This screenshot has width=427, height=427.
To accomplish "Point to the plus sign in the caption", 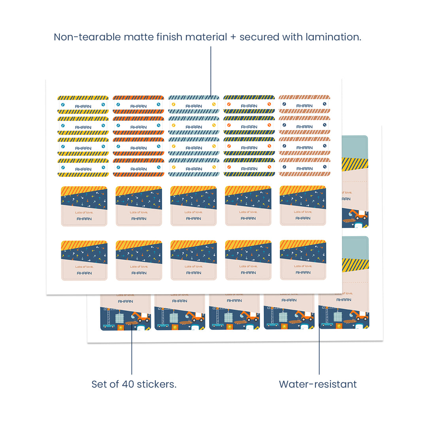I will (x=233, y=38).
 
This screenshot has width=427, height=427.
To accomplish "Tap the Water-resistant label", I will (x=318, y=384).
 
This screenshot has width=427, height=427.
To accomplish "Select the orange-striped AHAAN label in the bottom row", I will (x=138, y=168).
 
